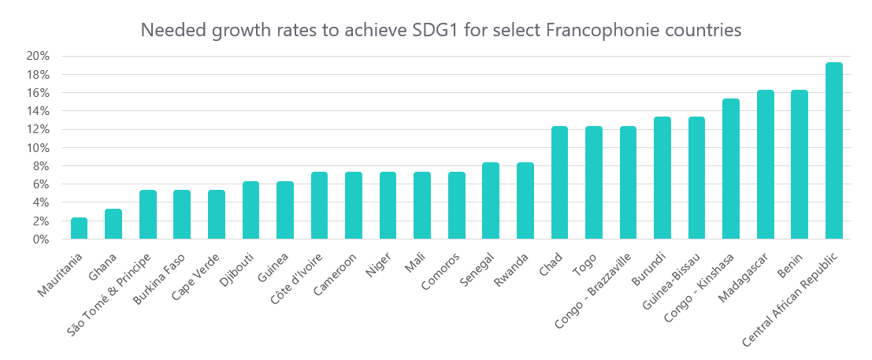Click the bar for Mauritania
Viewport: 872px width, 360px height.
79,228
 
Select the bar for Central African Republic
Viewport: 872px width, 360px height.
833,150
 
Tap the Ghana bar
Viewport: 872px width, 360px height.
113,224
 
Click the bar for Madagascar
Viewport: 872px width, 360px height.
766,165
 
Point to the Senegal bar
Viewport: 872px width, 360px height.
491,201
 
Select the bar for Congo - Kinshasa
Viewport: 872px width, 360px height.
731,169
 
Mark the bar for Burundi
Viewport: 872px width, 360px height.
662,178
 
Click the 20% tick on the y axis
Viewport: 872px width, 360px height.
39,56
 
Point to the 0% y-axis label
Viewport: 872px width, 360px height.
42,239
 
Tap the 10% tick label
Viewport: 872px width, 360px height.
39,148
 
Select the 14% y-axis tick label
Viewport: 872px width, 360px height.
39,111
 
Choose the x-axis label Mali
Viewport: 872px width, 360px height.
416,258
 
